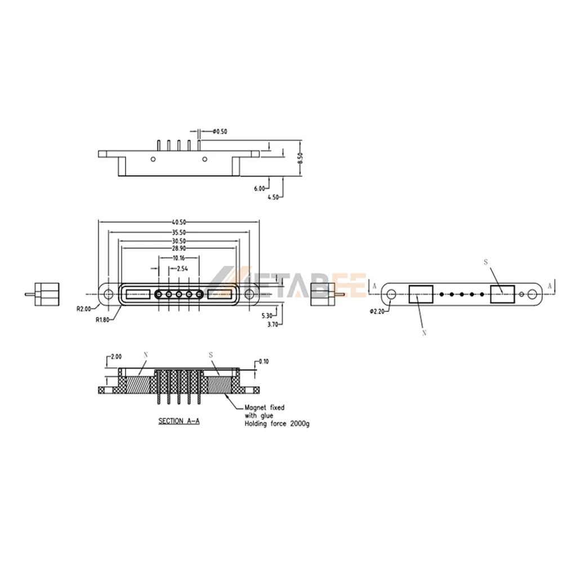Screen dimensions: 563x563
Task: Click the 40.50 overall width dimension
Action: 179,222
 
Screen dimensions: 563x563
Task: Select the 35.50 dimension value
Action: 179,233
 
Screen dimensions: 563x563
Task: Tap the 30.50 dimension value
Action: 179,242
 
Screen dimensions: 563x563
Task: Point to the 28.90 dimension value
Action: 179,248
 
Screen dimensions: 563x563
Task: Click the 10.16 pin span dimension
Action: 179,258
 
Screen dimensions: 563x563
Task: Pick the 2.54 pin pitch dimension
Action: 182,269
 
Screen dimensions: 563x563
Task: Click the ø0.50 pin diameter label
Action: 220,131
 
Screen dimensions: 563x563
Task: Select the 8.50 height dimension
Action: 301,158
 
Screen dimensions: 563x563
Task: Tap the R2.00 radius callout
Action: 84,309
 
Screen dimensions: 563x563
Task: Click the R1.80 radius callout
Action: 102,320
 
